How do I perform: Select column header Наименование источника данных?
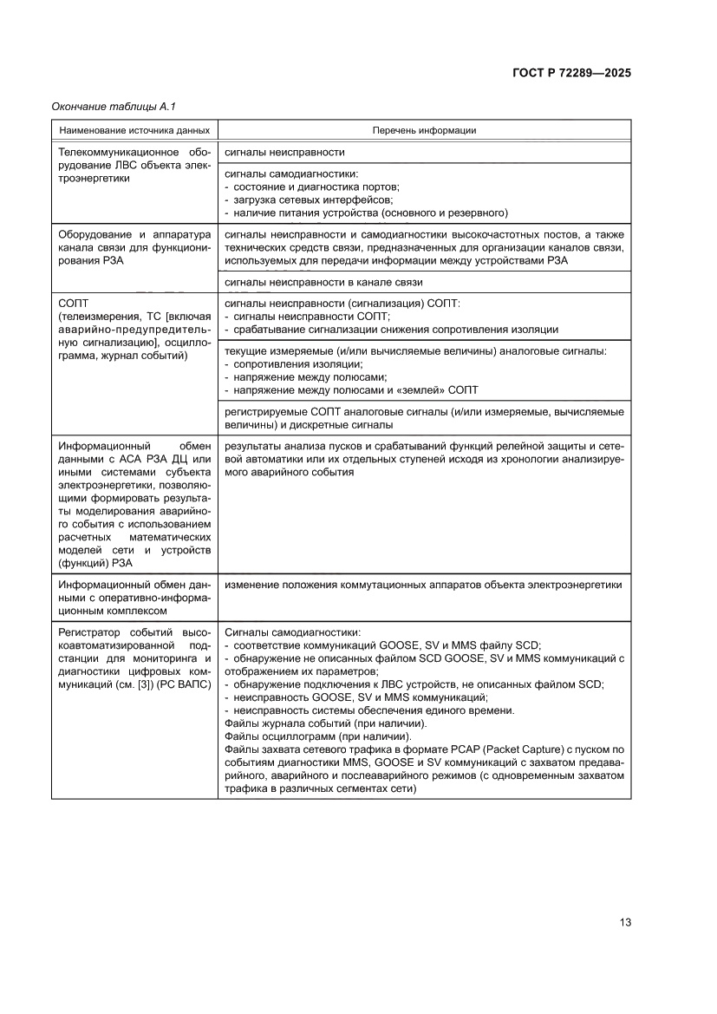(x=134, y=131)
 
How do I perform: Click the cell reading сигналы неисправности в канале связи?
(x=323, y=283)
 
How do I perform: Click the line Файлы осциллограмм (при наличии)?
(x=307, y=736)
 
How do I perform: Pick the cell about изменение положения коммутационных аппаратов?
(x=423, y=586)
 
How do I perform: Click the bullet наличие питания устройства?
(x=368, y=213)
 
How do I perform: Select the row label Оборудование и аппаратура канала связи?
(x=134, y=247)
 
